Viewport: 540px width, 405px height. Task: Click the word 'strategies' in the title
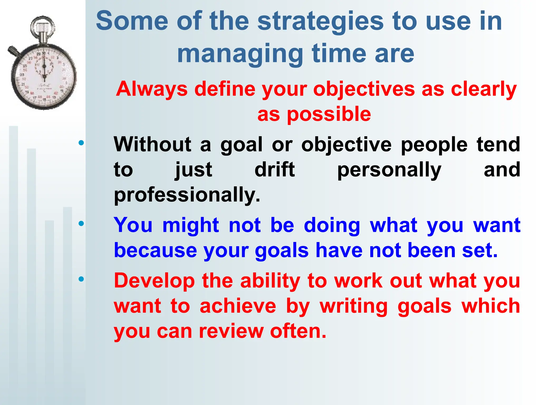320,22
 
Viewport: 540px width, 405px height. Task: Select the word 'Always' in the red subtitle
152,89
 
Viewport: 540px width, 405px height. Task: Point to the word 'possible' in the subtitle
329,115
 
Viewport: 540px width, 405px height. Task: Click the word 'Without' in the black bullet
153,144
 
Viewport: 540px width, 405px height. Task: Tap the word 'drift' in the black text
274,170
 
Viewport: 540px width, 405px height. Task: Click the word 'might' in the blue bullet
190,226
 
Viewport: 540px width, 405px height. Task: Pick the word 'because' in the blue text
156,250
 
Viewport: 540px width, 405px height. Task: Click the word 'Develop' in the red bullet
154,281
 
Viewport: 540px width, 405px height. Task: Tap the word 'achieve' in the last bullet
238,306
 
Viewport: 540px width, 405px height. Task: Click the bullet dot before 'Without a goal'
81,143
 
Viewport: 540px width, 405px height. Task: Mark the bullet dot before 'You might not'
81,224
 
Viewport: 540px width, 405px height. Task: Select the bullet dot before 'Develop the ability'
81,279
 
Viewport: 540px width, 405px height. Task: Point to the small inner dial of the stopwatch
44,66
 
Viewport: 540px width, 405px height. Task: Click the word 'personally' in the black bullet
389,170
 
